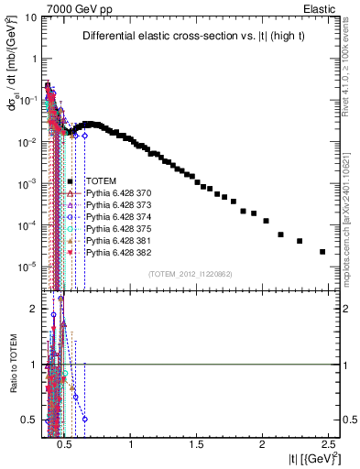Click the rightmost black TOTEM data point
pos(322,252)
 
